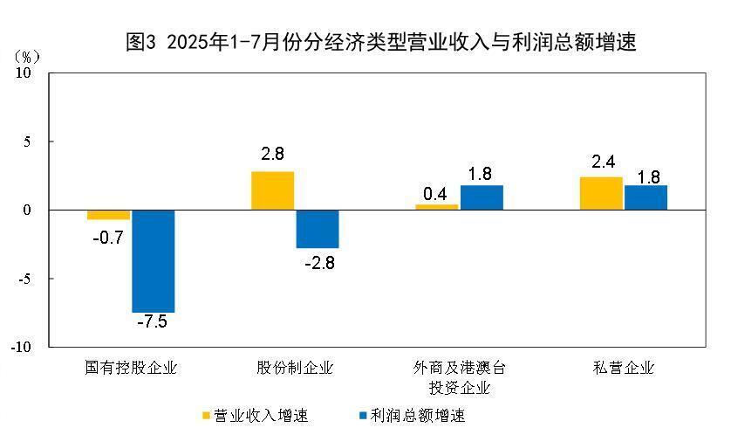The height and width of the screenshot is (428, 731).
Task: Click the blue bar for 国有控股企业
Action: (x=153, y=261)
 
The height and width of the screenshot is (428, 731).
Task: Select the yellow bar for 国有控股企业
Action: (x=108, y=215)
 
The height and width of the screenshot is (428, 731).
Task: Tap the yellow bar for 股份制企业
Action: (x=272, y=190)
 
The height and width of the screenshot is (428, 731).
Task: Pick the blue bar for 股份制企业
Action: (x=317, y=229)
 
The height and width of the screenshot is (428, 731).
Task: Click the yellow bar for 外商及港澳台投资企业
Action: (x=436, y=207)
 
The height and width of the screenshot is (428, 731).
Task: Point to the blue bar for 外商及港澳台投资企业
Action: (x=482, y=197)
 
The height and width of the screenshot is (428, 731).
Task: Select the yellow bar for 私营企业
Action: (x=601, y=193)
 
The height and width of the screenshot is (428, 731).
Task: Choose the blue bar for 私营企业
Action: (x=646, y=197)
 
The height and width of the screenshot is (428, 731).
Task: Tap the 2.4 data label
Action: (x=601, y=162)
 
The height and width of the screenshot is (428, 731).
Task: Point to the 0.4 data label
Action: (x=436, y=191)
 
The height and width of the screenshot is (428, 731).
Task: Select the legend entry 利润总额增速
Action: (x=411, y=415)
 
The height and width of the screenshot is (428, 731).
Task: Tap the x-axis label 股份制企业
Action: (x=295, y=368)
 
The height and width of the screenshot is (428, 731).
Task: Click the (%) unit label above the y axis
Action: (x=27, y=56)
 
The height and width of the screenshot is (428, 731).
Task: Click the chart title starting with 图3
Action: (x=381, y=42)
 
